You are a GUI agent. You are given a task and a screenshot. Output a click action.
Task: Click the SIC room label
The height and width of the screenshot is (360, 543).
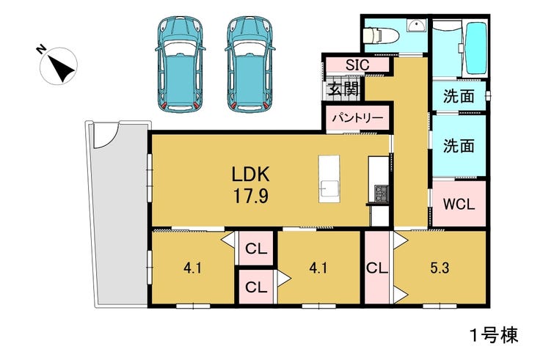pos(358,65)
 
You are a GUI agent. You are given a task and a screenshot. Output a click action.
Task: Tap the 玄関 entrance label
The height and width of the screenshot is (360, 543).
pos(343,89)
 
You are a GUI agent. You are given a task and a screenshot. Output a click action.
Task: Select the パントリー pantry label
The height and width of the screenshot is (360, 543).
pos(358,118)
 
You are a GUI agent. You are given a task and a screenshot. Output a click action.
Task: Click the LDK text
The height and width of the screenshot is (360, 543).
pos(250,174)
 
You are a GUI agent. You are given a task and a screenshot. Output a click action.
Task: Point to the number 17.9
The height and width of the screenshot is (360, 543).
pos(250,196)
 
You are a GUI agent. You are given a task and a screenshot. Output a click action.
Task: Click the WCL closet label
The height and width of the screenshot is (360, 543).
pos(459,205)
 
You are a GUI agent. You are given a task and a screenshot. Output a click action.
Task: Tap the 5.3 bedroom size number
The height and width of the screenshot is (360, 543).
pos(440,268)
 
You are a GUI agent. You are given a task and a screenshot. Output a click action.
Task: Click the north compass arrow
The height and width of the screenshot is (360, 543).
pos(61,68)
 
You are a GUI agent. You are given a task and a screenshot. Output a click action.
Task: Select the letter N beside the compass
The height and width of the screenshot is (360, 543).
pos(41,50)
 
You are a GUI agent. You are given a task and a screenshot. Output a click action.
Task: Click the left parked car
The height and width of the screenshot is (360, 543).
pos(179,65)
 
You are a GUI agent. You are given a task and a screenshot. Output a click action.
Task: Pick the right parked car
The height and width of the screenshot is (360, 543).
pos(249,65)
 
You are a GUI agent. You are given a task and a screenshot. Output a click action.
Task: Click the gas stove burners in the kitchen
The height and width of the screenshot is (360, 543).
pos(381,194)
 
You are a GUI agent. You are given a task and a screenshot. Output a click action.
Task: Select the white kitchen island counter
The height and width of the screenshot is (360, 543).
pos(329,179)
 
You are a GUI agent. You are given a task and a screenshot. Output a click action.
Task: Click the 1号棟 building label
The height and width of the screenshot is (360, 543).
pos(494,335)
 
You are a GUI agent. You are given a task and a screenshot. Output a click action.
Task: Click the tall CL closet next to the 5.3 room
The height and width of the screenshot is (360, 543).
pos(377,268)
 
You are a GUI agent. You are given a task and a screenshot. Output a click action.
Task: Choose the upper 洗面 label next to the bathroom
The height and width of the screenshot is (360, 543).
pos(459,97)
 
